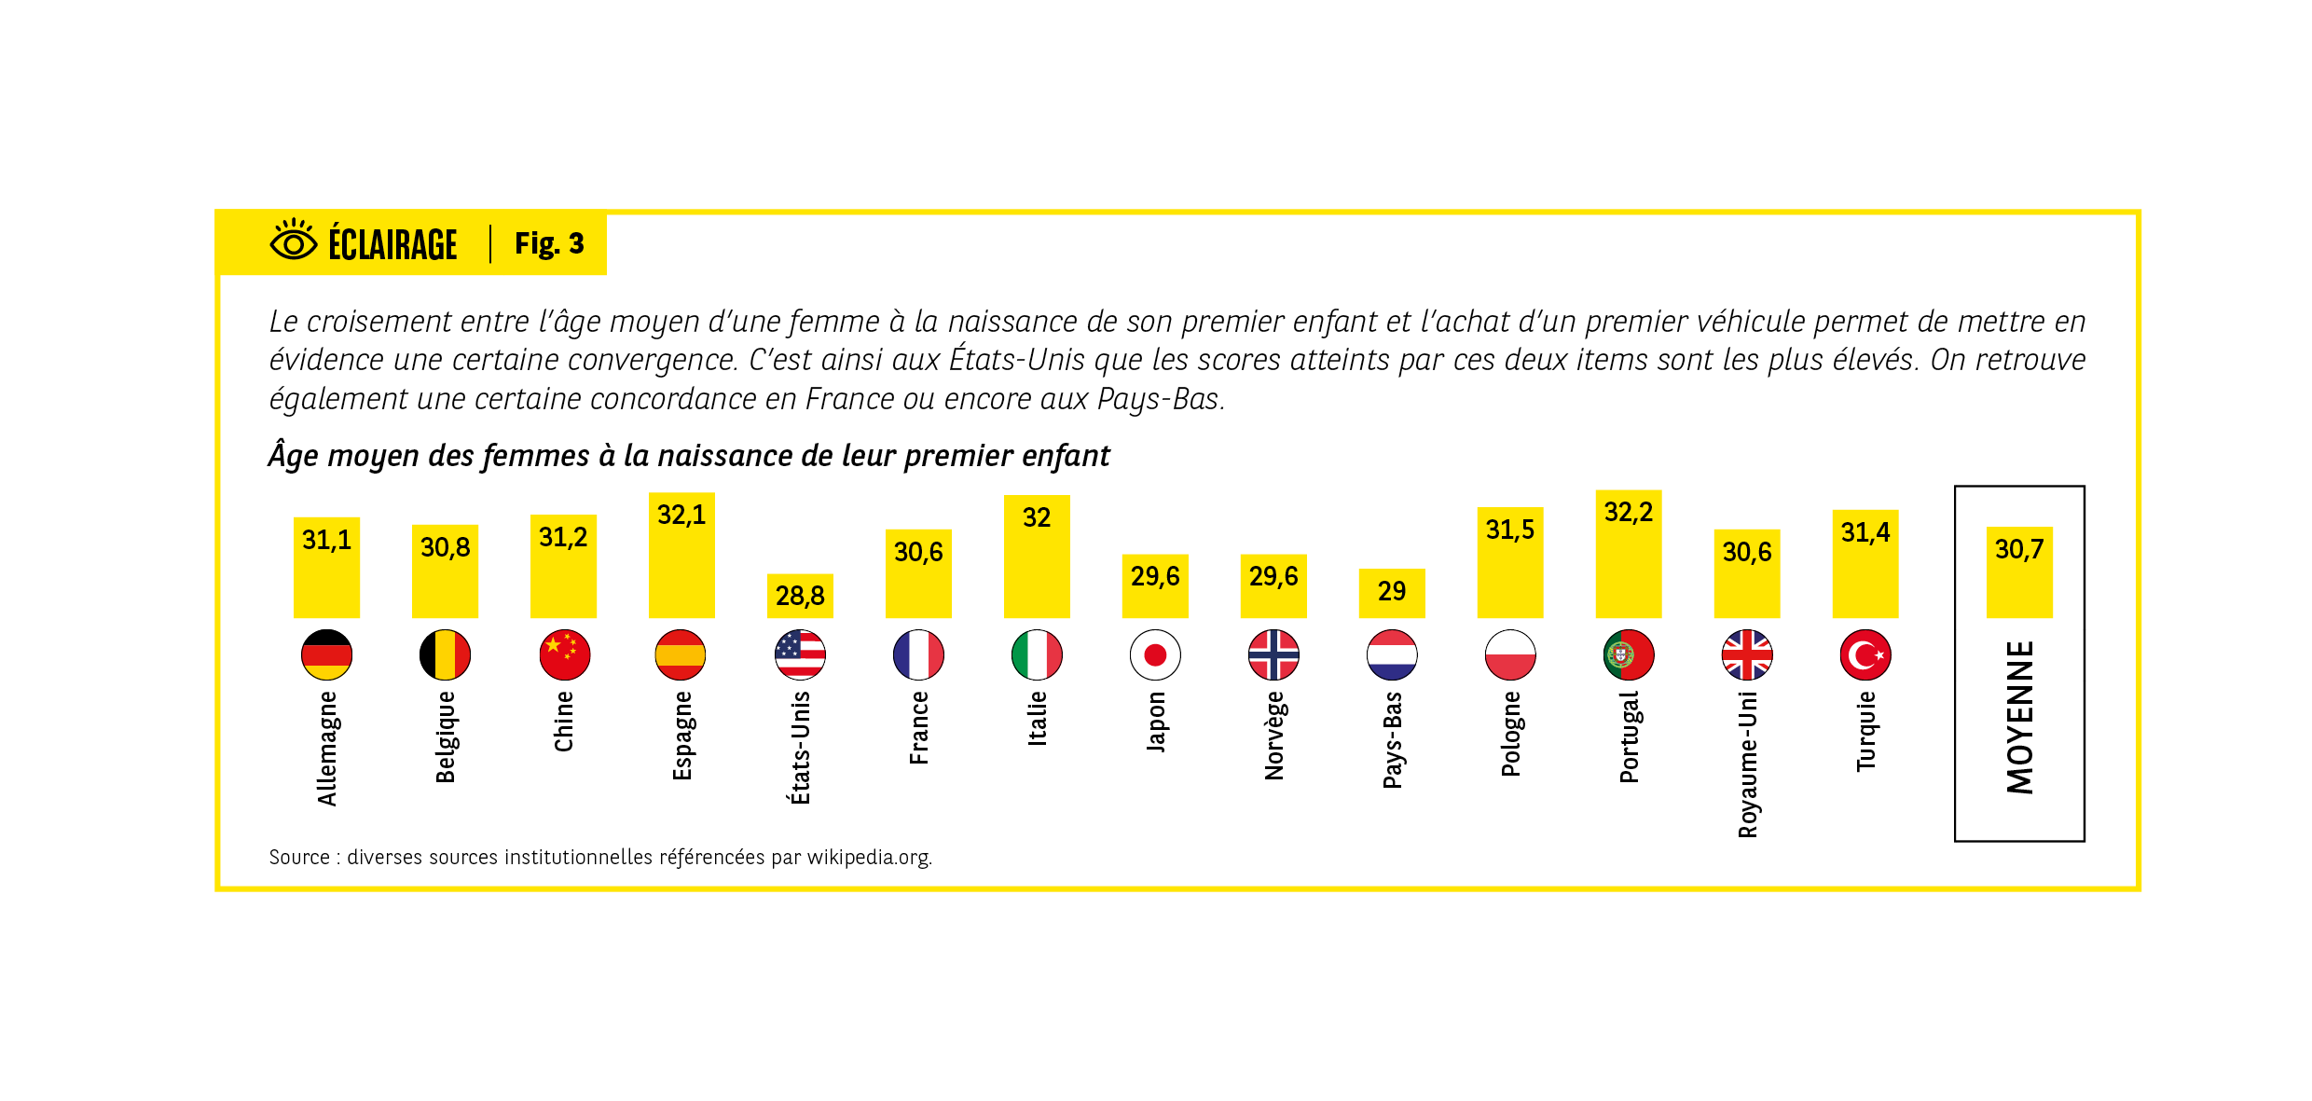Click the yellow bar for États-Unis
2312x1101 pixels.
(800, 597)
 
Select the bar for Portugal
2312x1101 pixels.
(1628, 555)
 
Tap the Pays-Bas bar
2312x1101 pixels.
(1392, 593)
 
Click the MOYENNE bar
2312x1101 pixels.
(2019, 572)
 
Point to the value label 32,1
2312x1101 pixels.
(681, 515)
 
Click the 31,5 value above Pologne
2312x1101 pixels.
(1510, 530)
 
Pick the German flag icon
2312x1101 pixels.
(326, 654)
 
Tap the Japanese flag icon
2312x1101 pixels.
(1155, 654)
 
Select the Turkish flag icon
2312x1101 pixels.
(1865, 654)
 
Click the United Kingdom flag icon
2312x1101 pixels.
(1747, 654)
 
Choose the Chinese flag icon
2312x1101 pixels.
(564, 654)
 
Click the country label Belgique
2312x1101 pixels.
(446, 736)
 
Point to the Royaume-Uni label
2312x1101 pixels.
(1748, 764)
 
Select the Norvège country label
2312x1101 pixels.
(1274, 736)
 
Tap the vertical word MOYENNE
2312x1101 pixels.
(2020, 717)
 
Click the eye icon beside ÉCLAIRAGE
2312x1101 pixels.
(294, 241)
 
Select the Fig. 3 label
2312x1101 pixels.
(549, 243)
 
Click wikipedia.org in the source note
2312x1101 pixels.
(868, 857)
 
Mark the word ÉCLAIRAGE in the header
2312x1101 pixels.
(392, 245)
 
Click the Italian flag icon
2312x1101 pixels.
(1037, 654)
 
